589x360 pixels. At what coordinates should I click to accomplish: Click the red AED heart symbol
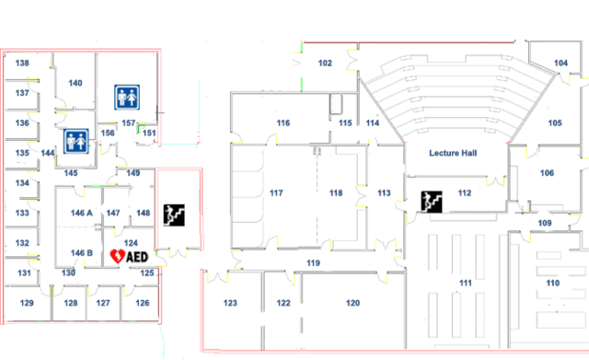tap(117, 256)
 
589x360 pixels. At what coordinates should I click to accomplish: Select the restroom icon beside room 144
tap(75, 141)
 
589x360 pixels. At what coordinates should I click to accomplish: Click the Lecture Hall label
tap(452, 154)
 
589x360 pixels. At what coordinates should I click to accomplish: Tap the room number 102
tap(325, 63)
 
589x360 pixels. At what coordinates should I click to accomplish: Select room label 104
tap(560, 63)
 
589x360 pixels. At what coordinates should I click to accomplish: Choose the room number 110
tap(552, 284)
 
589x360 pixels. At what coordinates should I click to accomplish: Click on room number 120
tap(352, 303)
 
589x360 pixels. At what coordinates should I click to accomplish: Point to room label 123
tap(230, 303)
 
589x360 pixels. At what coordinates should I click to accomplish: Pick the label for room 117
tap(275, 193)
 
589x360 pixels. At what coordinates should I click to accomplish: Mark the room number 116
tap(283, 122)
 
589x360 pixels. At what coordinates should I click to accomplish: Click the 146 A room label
tap(82, 213)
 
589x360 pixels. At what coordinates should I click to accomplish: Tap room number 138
tap(22, 64)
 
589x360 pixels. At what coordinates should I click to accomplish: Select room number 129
tap(27, 303)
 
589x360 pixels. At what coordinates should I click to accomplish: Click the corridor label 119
tap(313, 264)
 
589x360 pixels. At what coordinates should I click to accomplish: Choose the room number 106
tap(547, 173)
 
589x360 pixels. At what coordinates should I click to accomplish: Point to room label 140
tap(75, 84)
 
